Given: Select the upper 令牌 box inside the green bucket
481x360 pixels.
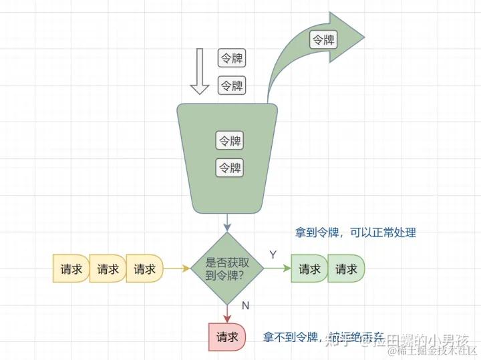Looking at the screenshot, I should coord(229,141).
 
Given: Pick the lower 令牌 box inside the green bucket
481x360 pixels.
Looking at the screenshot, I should coord(229,168).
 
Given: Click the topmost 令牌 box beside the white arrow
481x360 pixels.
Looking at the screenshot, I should coord(232,58).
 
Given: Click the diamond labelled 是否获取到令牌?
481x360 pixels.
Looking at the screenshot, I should coord(227,268).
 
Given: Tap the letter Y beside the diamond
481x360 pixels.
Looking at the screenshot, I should coord(273,254).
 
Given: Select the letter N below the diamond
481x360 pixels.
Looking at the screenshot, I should coord(245,306).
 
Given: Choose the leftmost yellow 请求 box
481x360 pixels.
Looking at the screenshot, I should coord(70,269).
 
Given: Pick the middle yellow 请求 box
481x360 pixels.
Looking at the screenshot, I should coord(107,269).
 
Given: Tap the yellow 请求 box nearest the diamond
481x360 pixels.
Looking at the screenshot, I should coord(144,269).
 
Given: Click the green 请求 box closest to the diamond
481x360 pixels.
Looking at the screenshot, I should coord(309,269).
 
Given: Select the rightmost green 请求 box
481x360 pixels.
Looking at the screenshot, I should coord(346,269).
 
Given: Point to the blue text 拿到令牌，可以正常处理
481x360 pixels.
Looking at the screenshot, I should coord(355,232).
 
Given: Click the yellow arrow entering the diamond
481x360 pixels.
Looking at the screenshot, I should coord(177,268).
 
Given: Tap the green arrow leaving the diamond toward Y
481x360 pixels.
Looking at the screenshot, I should coord(277,268).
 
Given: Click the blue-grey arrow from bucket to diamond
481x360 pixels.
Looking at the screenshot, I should coord(227,222).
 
